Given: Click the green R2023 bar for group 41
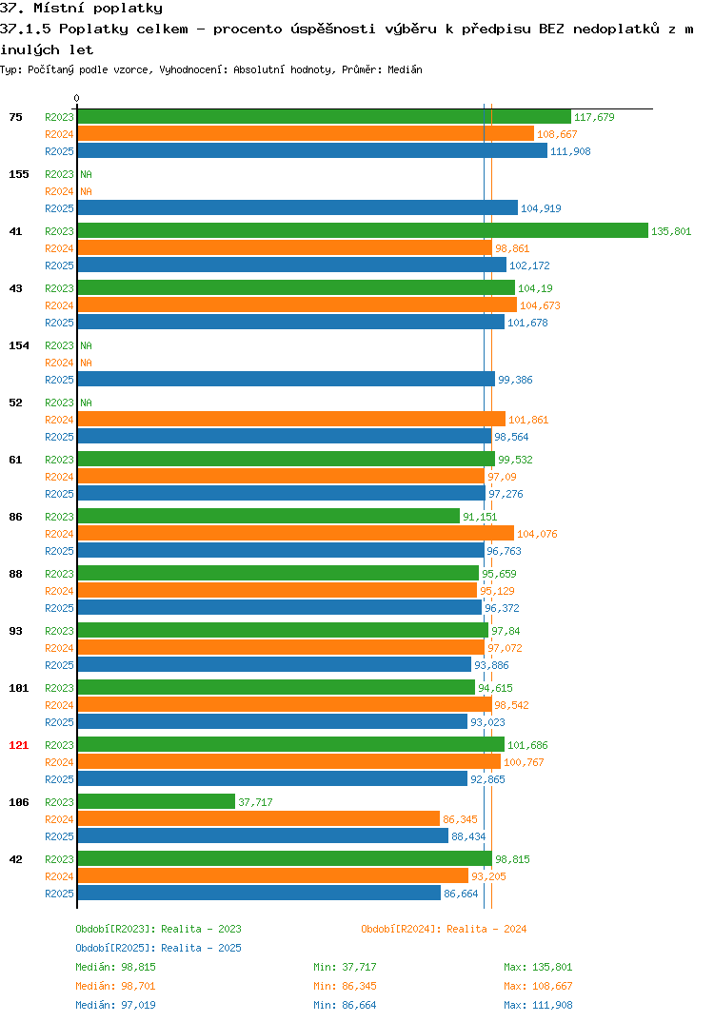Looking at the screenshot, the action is coord(364,230).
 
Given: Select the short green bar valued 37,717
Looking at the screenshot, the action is coord(156,801).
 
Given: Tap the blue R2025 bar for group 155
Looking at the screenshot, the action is coord(298,207).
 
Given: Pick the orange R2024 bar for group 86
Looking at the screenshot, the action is coord(296,533).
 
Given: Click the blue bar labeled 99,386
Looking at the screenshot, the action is coord(287,380).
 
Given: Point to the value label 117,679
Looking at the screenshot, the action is coord(594,117).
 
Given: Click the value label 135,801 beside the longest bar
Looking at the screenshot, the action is coord(671,231).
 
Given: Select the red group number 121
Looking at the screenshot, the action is coord(19,745).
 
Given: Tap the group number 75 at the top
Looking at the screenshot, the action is coord(15,117).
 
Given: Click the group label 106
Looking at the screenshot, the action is coord(19,802).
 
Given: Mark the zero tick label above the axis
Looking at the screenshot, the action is coord(77,98).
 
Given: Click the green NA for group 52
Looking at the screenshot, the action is coord(86,403).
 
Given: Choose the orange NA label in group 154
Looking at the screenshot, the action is coord(86,363).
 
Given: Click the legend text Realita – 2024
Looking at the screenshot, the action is coord(486,929).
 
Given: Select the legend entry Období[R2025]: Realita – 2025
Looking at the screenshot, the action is coord(158,948).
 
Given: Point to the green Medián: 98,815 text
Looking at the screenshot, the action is coord(115,967).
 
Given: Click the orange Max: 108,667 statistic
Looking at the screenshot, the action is coord(538,986).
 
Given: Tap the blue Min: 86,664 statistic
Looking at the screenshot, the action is coord(345,1005).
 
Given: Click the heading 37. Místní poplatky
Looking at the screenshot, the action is coord(82,9).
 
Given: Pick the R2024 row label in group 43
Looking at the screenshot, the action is coord(59,305).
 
